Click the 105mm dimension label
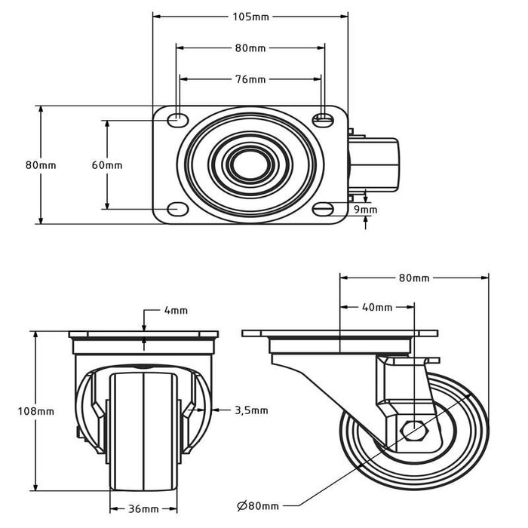click(x=251, y=17)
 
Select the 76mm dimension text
click(x=250, y=79)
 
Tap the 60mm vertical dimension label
click(x=107, y=165)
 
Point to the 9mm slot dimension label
click(x=365, y=210)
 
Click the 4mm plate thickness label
click(x=176, y=310)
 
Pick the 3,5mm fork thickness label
click(x=251, y=410)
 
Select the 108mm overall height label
click(x=36, y=411)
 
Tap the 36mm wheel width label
click(x=143, y=509)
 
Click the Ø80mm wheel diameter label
click(x=258, y=506)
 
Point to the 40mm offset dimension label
click(x=377, y=307)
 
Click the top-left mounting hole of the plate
click(x=177, y=119)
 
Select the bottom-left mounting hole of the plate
click(x=177, y=209)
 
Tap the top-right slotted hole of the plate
click(x=323, y=119)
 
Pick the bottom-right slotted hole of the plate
click(x=323, y=209)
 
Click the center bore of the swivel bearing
click(x=250, y=165)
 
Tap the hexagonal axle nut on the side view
click(x=415, y=431)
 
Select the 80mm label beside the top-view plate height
click(x=41, y=165)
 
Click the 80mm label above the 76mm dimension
click(x=250, y=48)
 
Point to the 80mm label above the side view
click(x=414, y=278)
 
